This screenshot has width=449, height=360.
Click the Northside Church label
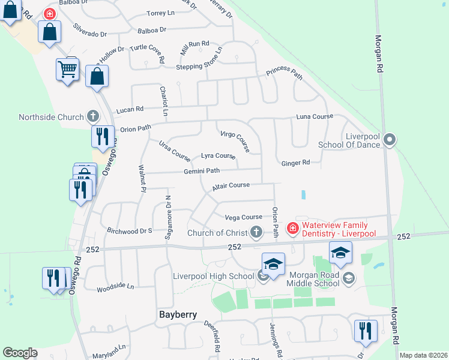pos(52,117)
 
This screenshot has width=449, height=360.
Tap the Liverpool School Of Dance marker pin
pos(390,140)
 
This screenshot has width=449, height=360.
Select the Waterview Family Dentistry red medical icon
pos(292,228)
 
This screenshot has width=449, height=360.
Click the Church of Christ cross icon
pos(256,232)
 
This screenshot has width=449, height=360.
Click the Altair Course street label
pos(231,186)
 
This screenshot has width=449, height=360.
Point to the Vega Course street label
pos(243,217)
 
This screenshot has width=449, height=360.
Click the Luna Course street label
pos(314,116)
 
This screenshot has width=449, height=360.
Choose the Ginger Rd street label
pos(295,163)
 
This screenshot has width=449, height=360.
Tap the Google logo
pos(20,353)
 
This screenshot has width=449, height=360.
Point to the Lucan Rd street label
pos(130,109)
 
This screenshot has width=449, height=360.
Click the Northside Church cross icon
pos(92,115)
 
